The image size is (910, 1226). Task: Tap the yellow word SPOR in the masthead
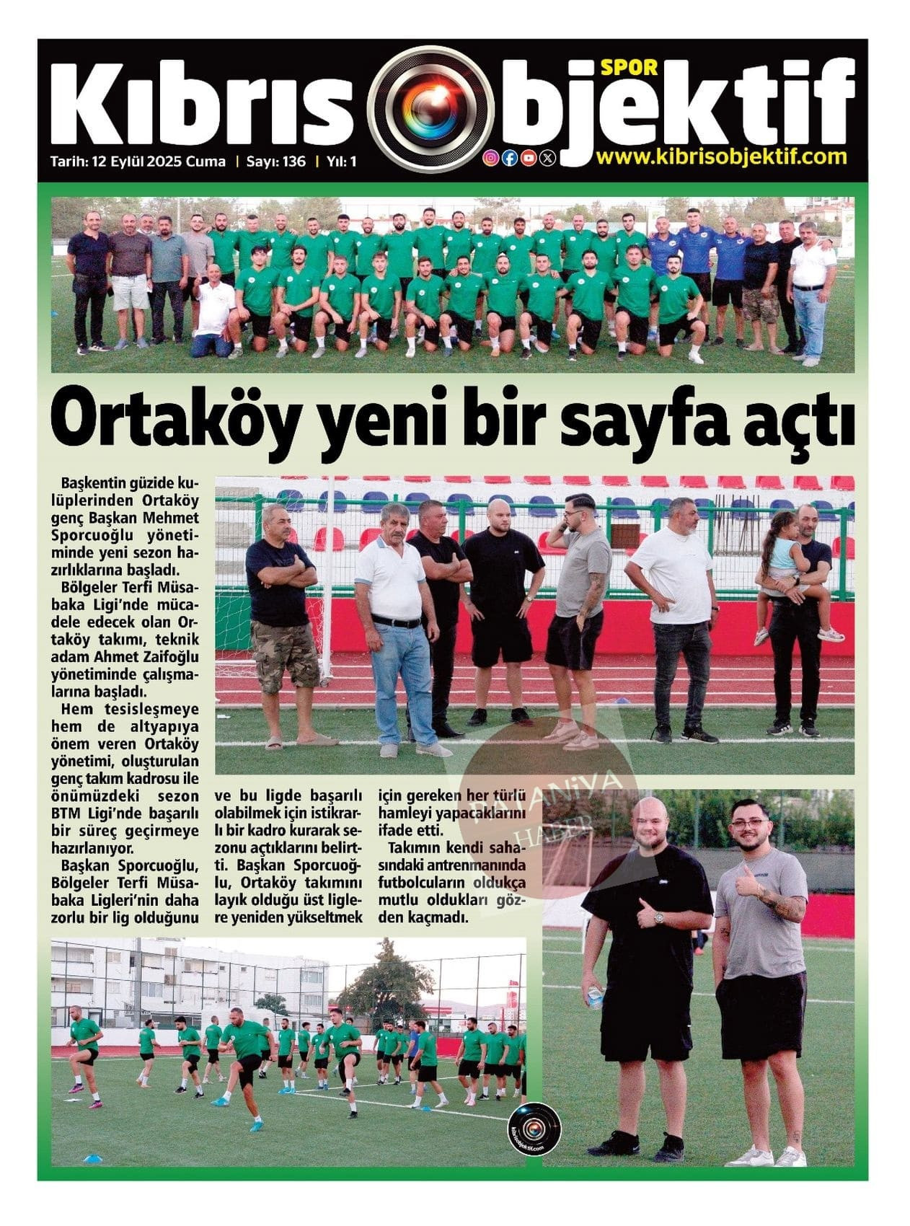click(x=629, y=66)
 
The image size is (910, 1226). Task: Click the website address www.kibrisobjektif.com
click(x=722, y=156)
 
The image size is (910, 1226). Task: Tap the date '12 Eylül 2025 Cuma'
click(x=159, y=162)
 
